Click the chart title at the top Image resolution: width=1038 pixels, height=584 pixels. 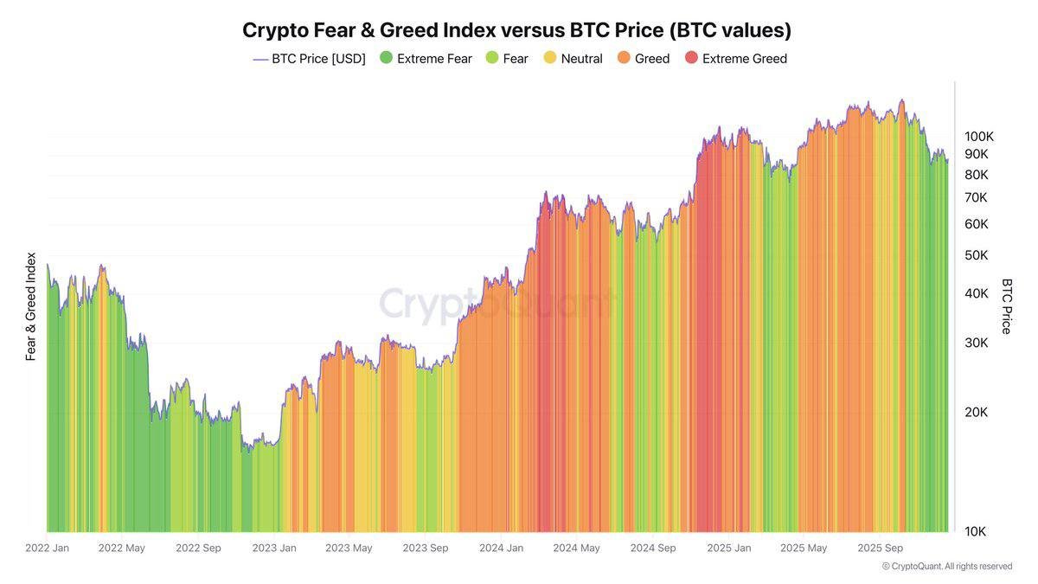(516, 30)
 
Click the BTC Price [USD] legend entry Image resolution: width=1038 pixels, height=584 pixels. (309, 59)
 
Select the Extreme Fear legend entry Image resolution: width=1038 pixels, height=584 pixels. (426, 59)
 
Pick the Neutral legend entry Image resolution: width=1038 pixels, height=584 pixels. (572, 59)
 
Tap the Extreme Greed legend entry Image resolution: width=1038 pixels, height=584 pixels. (735, 59)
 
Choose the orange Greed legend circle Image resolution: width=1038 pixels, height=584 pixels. (624, 59)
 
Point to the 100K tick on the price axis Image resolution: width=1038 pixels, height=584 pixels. (979, 137)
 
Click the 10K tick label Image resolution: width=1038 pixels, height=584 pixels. (976, 531)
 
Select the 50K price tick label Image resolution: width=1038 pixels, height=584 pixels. (976, 255)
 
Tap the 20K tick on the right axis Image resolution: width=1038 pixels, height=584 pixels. (976, 412)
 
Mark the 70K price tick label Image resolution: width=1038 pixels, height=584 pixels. (976, 197)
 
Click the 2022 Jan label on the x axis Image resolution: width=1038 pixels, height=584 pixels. (47, 548)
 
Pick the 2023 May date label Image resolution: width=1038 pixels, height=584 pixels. (349, 548)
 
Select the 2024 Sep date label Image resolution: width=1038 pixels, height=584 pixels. (653, 548)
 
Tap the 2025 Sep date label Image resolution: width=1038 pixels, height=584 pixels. (880, 548)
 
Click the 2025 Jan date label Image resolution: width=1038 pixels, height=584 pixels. (729, 548)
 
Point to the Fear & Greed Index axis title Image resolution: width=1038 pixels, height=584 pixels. (31, 306)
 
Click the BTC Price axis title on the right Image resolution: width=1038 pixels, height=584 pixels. (1007, 306)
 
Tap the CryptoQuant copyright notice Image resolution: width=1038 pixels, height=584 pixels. (947, 566)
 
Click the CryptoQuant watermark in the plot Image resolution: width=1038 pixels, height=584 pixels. (497, 304)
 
